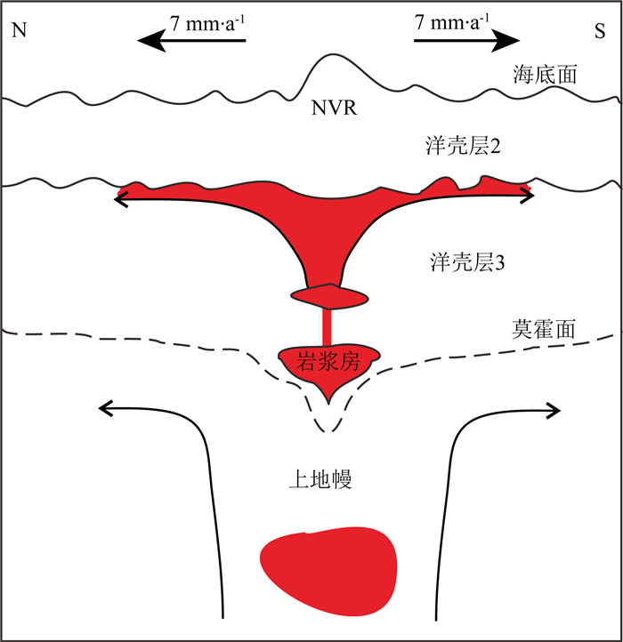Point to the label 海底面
546,74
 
